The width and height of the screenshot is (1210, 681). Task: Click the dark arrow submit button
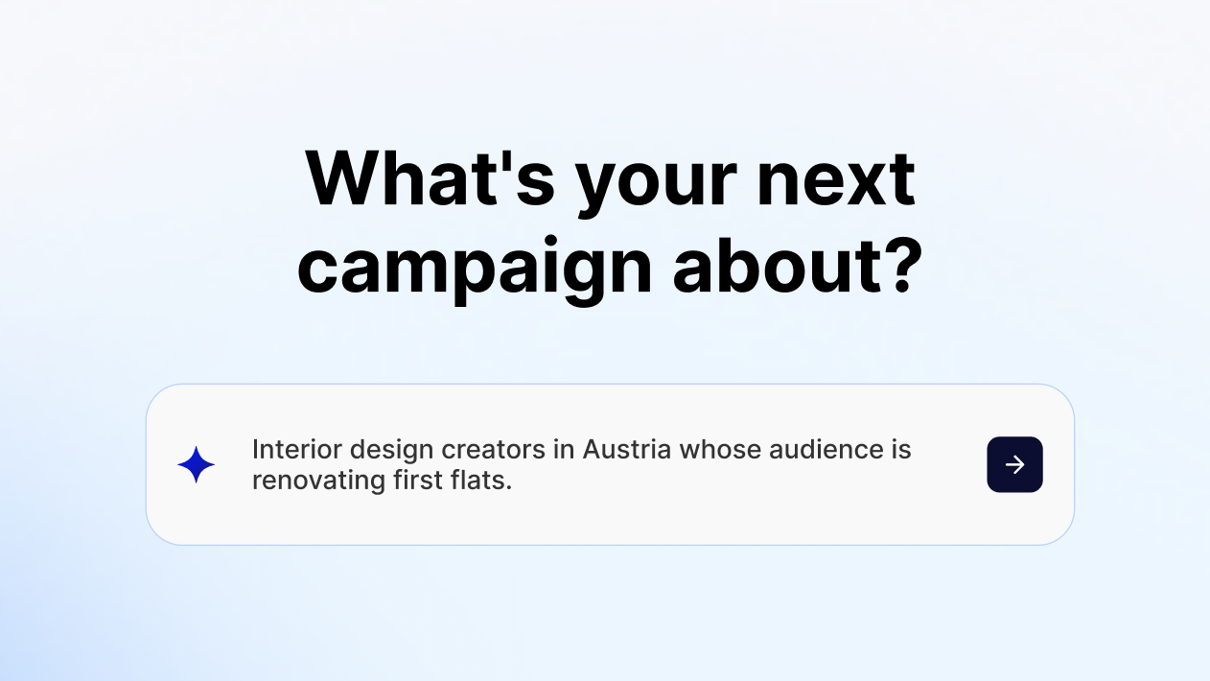(1014, 464)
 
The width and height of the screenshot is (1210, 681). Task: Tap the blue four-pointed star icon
(197, 464)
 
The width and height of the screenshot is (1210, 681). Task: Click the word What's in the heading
(430, 178)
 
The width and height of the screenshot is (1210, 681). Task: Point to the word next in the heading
(836, 179)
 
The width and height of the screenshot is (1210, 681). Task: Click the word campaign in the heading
(475, 269)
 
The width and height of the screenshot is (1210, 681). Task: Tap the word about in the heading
(778, 266)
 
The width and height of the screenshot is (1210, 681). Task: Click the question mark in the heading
(902, 266)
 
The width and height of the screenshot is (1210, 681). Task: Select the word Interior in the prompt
(297, 449)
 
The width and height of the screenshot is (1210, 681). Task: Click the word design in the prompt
(391, 452)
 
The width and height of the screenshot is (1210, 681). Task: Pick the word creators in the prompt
(493, 450)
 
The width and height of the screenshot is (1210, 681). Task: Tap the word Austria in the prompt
(627, 449)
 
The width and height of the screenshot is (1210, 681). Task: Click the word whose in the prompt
(720, 450)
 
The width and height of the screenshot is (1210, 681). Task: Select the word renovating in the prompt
(318, 482)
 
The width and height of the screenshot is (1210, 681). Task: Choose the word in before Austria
(564, 449)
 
